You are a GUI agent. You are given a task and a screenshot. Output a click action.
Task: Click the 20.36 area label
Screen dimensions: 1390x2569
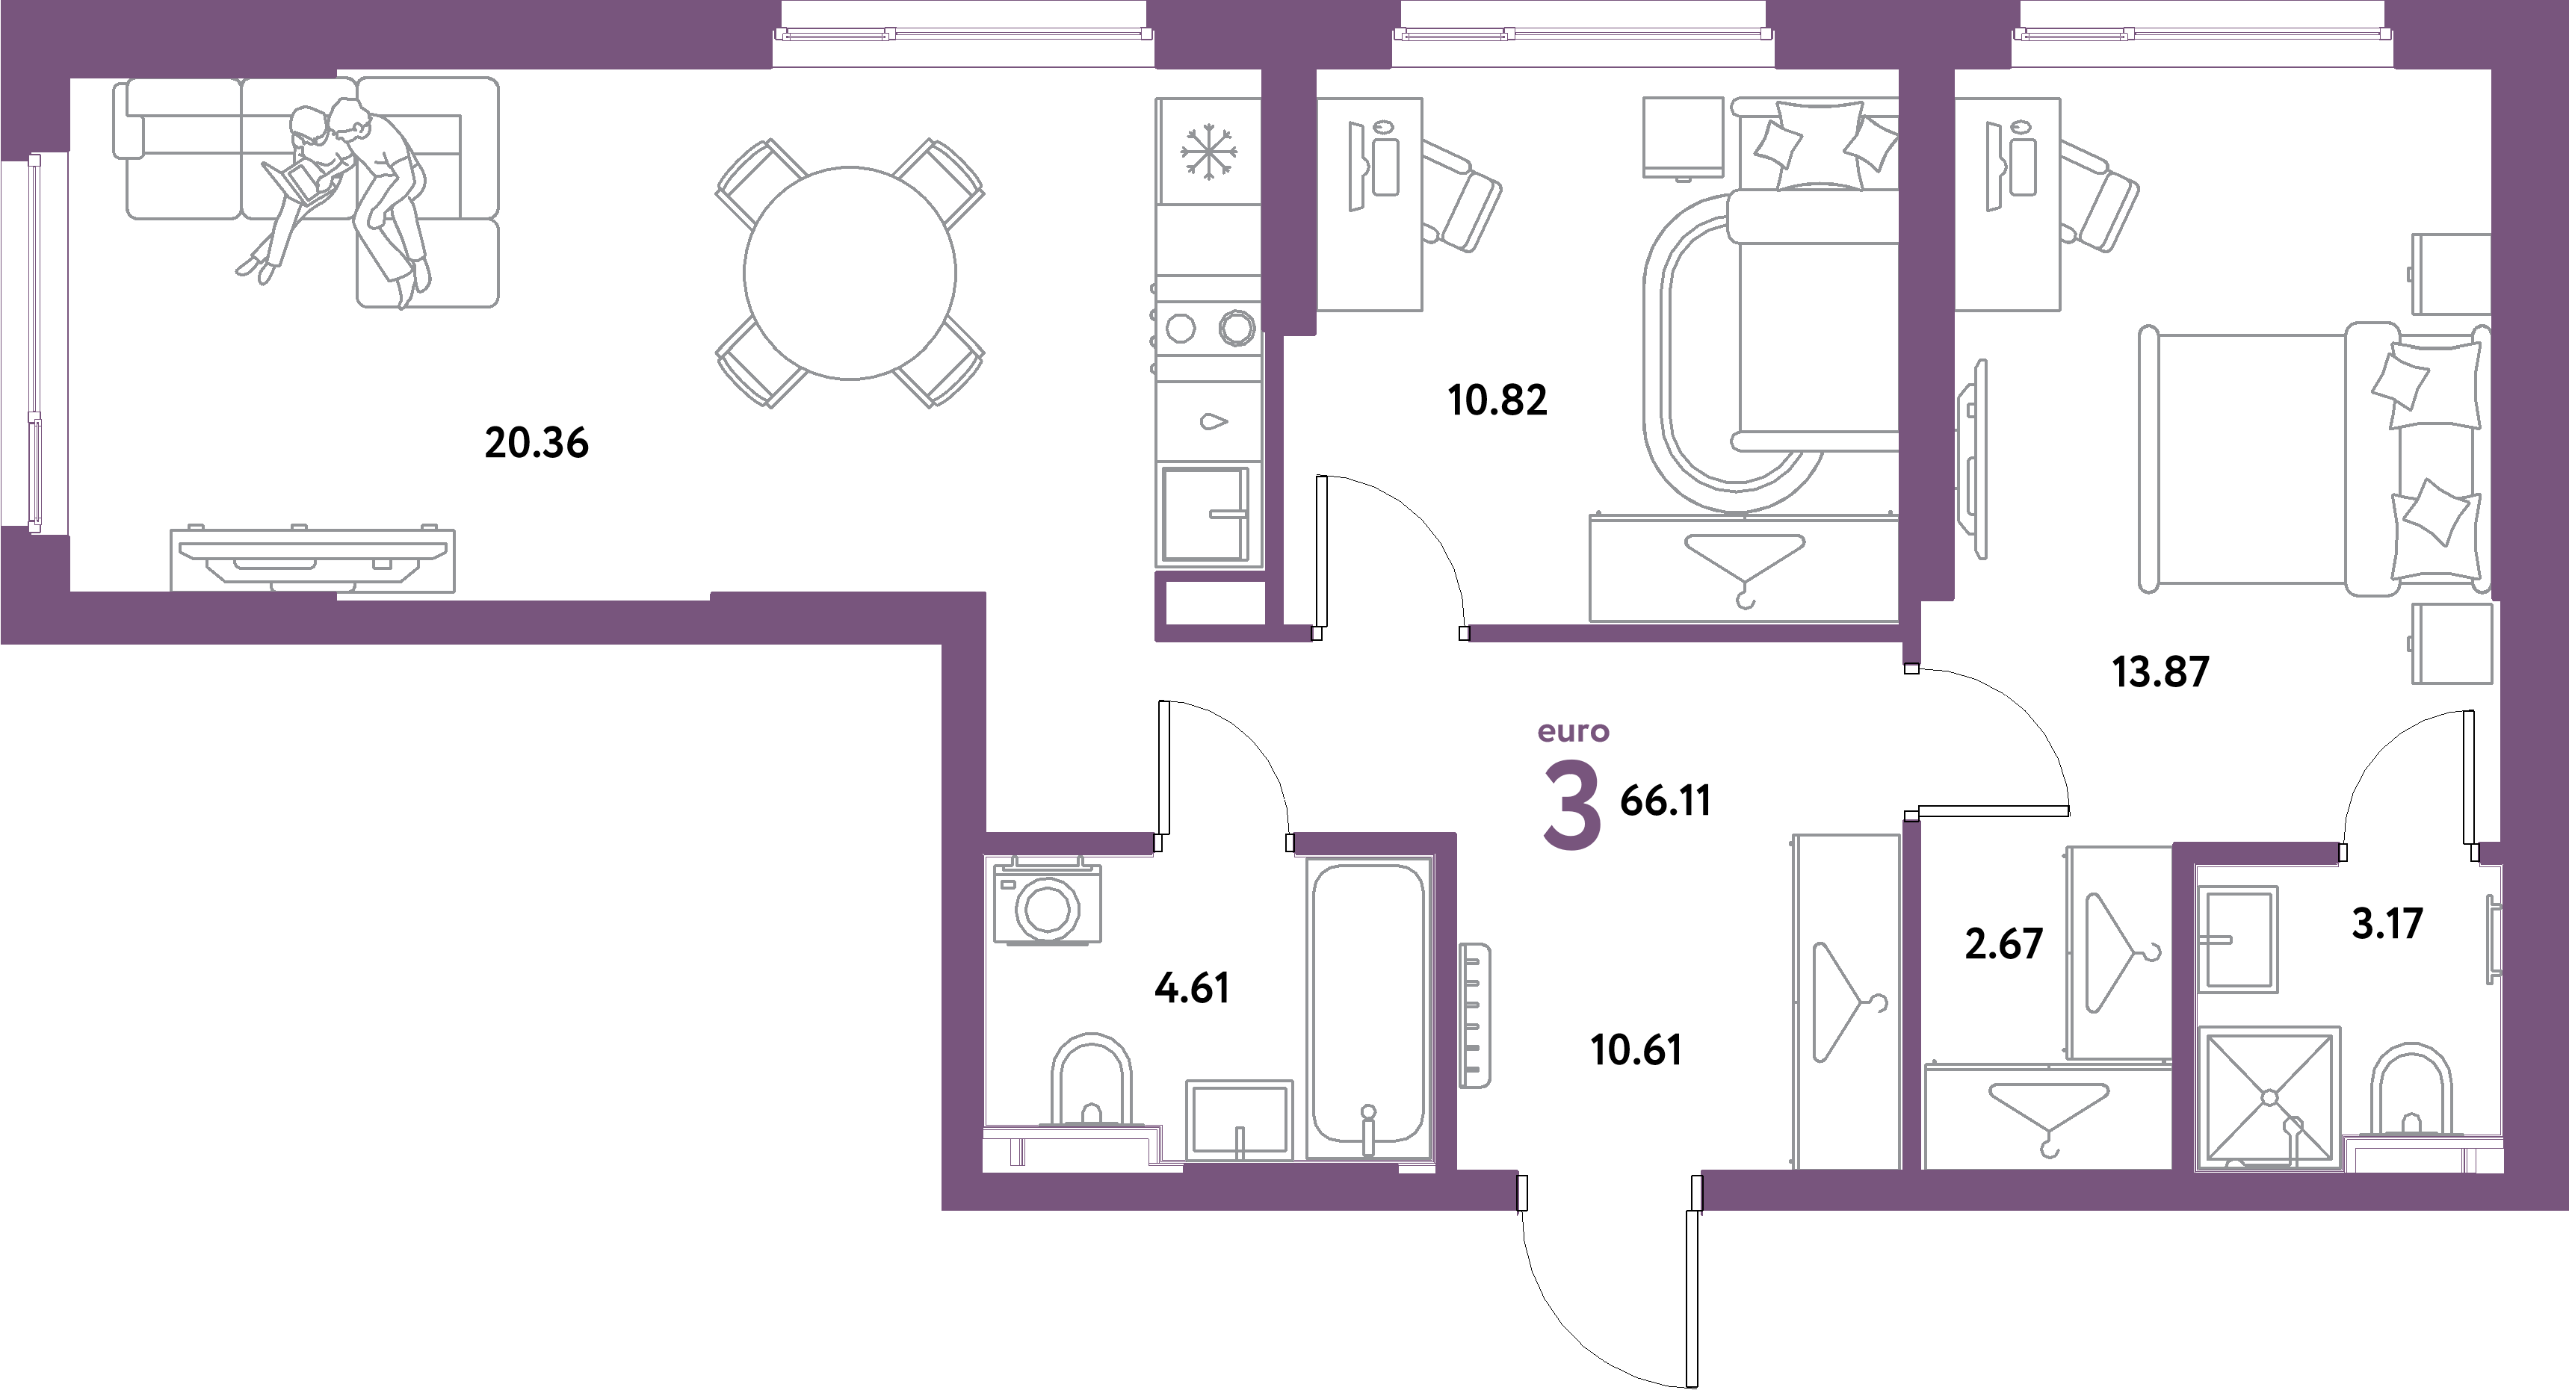tap(537, 443)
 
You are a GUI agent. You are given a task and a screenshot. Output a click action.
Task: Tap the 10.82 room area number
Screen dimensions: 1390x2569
tap(1496, 401)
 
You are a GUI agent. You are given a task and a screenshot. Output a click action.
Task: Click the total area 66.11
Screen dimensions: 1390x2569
tap(1666, 801)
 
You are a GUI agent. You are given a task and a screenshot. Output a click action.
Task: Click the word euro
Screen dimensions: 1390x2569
tap(1573, 733)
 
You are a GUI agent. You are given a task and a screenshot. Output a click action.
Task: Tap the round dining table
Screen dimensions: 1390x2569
tap(850, 272)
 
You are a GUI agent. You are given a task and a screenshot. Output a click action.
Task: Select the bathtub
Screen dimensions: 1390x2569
tap(1368, 1012)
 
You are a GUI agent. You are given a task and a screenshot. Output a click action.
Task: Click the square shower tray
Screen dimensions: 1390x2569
tap(2269, 1097)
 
